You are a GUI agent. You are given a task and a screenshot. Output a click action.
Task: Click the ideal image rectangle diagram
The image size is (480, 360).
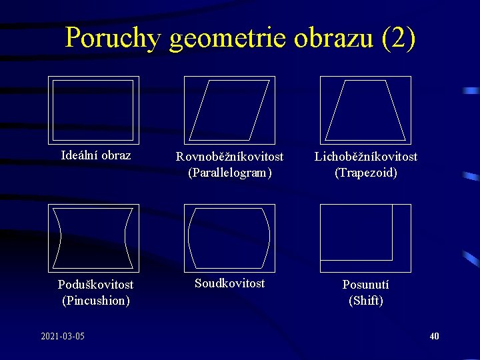point(93,109)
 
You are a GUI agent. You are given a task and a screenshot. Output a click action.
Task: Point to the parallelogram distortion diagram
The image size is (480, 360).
point(229,109)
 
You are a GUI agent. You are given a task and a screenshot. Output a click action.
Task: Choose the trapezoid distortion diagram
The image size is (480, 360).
point(365,109)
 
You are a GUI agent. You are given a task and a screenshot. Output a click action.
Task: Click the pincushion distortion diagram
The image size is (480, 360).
point(93,237)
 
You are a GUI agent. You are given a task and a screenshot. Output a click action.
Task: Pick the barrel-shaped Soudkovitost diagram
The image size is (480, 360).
point(229,237)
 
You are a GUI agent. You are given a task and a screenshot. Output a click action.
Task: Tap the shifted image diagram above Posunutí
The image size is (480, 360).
point(365,237)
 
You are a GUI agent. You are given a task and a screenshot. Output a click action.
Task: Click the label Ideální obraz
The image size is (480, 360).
point(95,155)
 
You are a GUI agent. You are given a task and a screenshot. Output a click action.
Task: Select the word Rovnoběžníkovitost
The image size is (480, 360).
point(229,157)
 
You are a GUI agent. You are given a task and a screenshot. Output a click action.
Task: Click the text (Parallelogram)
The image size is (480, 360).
point(229,173)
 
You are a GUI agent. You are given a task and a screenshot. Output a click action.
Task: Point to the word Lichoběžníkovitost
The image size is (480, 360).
point(366,157)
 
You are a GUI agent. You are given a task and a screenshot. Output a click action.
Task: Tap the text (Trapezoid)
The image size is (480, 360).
point(366,173)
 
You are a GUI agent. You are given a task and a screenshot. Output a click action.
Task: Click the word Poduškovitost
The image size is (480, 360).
point(95,285)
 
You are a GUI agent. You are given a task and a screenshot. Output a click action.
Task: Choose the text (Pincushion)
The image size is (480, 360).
point(95,301)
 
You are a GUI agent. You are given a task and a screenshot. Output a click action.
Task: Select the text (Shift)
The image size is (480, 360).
point(366,301)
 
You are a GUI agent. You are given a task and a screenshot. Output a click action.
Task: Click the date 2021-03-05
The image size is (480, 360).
point(63,336)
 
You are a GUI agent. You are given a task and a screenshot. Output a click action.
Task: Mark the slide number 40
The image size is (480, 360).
point(434,336)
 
